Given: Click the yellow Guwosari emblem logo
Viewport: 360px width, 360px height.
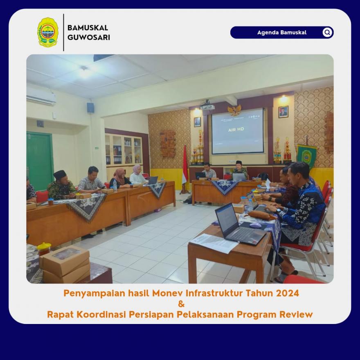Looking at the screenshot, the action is pyautogui.click(x=48, y=32).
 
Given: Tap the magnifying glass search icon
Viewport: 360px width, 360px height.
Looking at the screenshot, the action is pyautogui.click(x=327, y=32).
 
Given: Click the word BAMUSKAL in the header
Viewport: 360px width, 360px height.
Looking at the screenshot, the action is pyautogui.click(x=88, y=28).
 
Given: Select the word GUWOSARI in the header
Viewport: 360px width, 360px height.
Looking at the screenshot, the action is pyautogui.click(x=89, y=37).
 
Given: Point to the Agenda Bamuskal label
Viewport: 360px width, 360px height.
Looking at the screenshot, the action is pyautogui.click(x=282, y=32).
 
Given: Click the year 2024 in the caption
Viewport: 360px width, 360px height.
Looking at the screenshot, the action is pyautogui.click(x=288, y=293).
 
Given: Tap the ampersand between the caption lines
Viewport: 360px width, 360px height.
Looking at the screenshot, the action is pyautogui.click(x=181, y=304).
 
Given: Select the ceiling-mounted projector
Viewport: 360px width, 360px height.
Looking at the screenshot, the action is pyautogui.click(x=207, y=106).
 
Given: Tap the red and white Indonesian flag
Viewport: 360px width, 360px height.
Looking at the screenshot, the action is pyautogui.click(x=185, y=165).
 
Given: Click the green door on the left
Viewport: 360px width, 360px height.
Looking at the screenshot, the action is pyautogui.click(x=40, y=161).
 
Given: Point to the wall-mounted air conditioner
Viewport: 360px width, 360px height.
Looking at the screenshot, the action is pyautogui.click(x=41, y=96).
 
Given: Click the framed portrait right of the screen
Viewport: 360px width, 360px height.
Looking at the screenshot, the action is pyautogui.click(x=283, y=112).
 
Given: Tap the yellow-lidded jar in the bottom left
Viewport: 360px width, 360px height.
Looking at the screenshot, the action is pyautogui.click(x=44, y=249).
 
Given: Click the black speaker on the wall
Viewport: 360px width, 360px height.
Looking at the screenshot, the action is pyautogui.click(x=90, y=108).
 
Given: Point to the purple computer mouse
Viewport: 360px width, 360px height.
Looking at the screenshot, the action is pyautogui.click(x=256, y=225).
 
